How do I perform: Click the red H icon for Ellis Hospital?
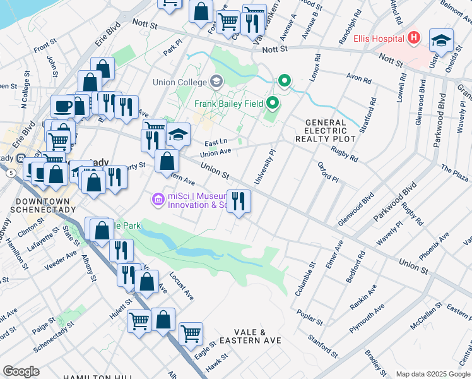pos(413,39)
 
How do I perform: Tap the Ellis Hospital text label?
pos(379,39)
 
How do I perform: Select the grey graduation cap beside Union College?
pos(216,81)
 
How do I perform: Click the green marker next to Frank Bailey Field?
pos(273,102)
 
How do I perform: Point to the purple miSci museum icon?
pos(157,200)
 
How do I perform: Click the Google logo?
pos(21,371)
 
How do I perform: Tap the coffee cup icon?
pos(62,105)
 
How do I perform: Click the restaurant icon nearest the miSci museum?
pos(239,202)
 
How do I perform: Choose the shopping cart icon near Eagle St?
pos(191,333)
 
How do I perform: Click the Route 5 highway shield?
pos(11,172)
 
